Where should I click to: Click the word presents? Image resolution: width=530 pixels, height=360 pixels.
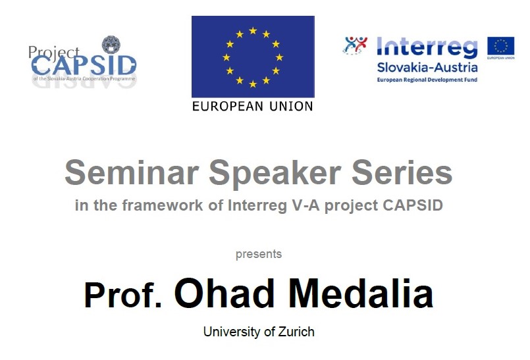(x=258, y=254)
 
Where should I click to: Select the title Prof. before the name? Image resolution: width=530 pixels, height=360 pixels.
(x=123, y=296)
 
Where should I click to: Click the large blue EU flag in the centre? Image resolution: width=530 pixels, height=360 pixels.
(x=253, y=57)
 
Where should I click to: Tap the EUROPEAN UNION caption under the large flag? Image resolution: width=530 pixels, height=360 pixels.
(x=253, y=106)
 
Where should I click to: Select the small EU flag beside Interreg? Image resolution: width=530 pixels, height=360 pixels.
(x=500, y=47)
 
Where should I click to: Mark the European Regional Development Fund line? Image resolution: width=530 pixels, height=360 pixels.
(x=427, y=80)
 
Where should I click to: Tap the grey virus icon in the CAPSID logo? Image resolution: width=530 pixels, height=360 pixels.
(x=111, y=45)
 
